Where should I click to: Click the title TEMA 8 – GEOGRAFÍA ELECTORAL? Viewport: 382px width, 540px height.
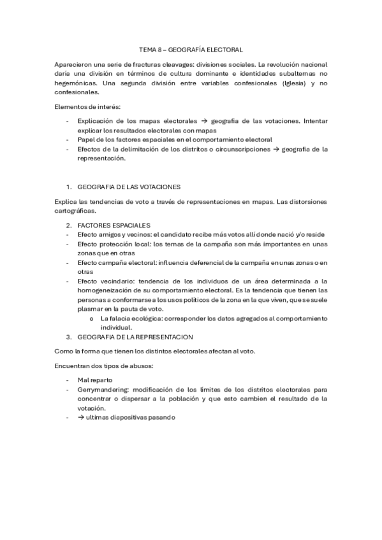click(191, 48)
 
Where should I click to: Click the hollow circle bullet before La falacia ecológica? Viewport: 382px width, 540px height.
click(93, 318)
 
